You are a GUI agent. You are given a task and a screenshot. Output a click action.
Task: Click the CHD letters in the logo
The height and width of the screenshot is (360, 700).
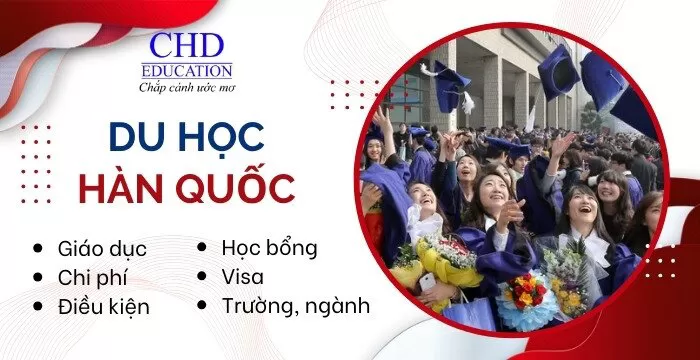point(190,46)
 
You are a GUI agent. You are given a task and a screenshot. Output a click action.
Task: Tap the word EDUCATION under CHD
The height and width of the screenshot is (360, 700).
point(190,71)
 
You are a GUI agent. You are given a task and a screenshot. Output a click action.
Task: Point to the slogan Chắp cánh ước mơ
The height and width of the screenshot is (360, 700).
point(190,87)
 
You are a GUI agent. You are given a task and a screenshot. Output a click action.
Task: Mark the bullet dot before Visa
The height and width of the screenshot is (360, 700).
point(204,275)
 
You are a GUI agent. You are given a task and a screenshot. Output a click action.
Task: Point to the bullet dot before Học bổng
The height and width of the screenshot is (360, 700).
point(204,246)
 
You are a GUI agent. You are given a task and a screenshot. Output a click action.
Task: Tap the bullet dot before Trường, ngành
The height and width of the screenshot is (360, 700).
point(204,305)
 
